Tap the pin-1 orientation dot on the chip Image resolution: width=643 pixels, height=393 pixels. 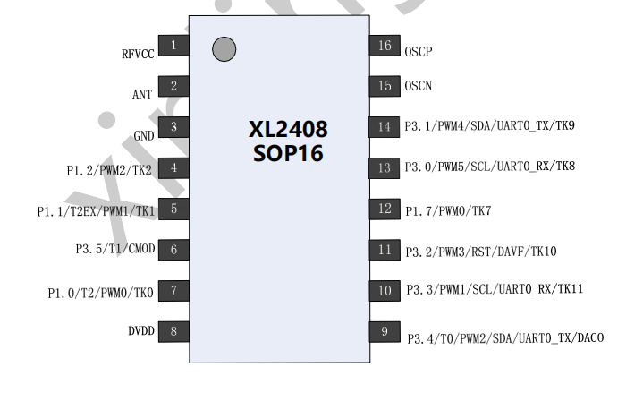[224, 50]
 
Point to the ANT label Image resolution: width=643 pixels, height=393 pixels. [141, 94]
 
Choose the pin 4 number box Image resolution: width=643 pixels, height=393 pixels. [173, 167]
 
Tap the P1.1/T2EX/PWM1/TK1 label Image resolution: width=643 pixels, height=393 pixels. [93, 211]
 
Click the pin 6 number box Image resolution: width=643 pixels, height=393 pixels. [173, 250]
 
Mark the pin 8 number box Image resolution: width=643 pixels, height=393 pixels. [173, 332]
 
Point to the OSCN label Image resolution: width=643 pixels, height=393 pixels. [419, 87]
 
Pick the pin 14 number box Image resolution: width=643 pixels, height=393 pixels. [385, 127]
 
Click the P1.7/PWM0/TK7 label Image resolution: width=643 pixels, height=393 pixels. [449, 210]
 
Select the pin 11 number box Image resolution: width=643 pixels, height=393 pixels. [385, 249]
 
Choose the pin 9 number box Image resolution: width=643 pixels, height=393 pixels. [385, 332]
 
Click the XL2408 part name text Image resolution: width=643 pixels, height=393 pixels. [287, 129]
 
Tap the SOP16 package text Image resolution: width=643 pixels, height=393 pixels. [287, 153]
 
